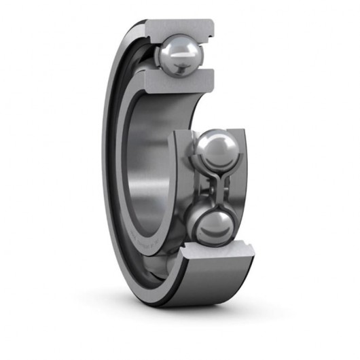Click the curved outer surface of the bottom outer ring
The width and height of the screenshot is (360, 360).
tap(204, 285)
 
